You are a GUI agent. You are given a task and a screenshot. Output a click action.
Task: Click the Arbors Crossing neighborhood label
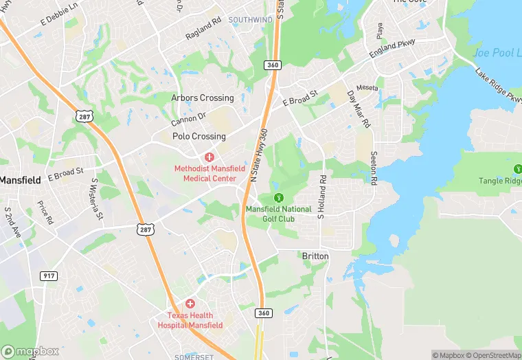[202, 98]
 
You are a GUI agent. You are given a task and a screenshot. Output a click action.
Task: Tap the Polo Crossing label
[198, 137]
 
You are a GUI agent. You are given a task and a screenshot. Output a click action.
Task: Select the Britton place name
[316, 256]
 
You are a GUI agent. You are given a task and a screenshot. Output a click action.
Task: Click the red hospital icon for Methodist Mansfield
[209, 158]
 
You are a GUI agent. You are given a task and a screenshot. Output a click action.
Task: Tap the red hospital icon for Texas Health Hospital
[190, 304]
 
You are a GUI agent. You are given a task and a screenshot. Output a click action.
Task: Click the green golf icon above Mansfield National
[278, 198]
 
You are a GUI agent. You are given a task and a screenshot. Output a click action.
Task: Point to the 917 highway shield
[49, 275]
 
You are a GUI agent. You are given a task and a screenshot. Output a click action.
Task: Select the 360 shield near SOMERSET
[264, 313]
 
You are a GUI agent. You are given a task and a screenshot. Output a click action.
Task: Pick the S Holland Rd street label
[320, 196]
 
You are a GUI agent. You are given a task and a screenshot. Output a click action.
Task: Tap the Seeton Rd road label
[374, 168]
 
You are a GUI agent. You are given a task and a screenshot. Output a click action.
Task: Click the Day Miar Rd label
[359, 109]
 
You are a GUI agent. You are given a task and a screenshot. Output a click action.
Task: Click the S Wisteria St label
[97, 199]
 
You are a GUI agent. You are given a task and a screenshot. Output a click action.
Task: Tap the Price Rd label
[46, 212]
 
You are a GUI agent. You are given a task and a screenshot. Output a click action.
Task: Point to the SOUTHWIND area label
[250, 20]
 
